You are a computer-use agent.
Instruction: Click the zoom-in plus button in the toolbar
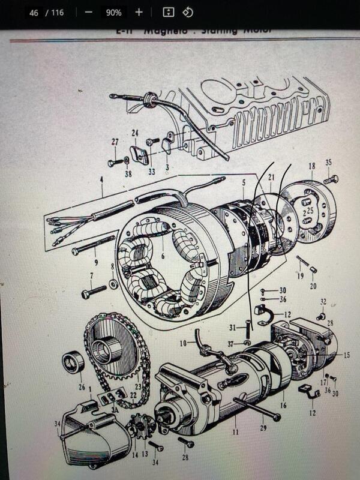(139, 12)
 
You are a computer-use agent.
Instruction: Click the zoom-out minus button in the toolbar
(89, 12)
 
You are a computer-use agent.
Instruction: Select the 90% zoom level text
(113, 13)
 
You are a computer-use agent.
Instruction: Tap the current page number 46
(34, 12)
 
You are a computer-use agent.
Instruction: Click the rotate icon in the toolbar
(187, 12)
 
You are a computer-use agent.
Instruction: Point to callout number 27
(115, 142)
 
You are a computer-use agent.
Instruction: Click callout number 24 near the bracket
(135, 133)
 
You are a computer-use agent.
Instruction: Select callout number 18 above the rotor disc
(311, 166)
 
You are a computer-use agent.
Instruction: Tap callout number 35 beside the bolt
(328, 162)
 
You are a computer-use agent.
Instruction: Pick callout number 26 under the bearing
(82, 387)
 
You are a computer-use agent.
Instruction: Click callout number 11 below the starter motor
(235, 431)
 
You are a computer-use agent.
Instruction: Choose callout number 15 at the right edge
(347, 355)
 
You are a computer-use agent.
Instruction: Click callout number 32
(323, 301)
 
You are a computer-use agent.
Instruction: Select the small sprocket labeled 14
(143, 428)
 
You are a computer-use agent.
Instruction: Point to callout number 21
(271, 177)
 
